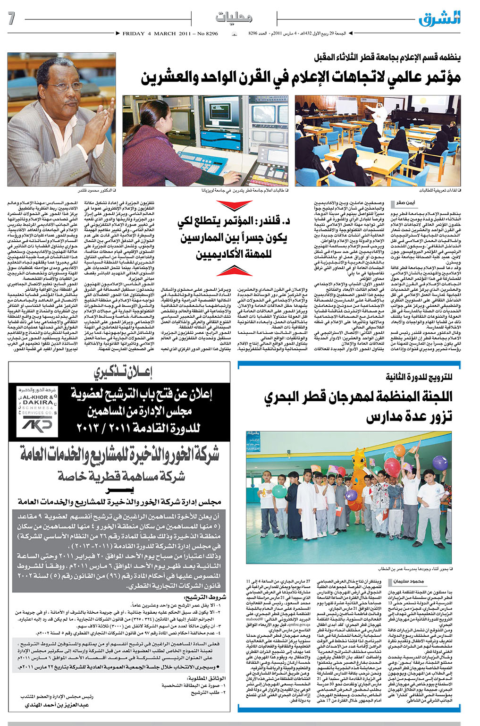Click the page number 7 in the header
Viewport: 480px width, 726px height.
click(12, 19)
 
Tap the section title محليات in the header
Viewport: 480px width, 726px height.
click(234, 18)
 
